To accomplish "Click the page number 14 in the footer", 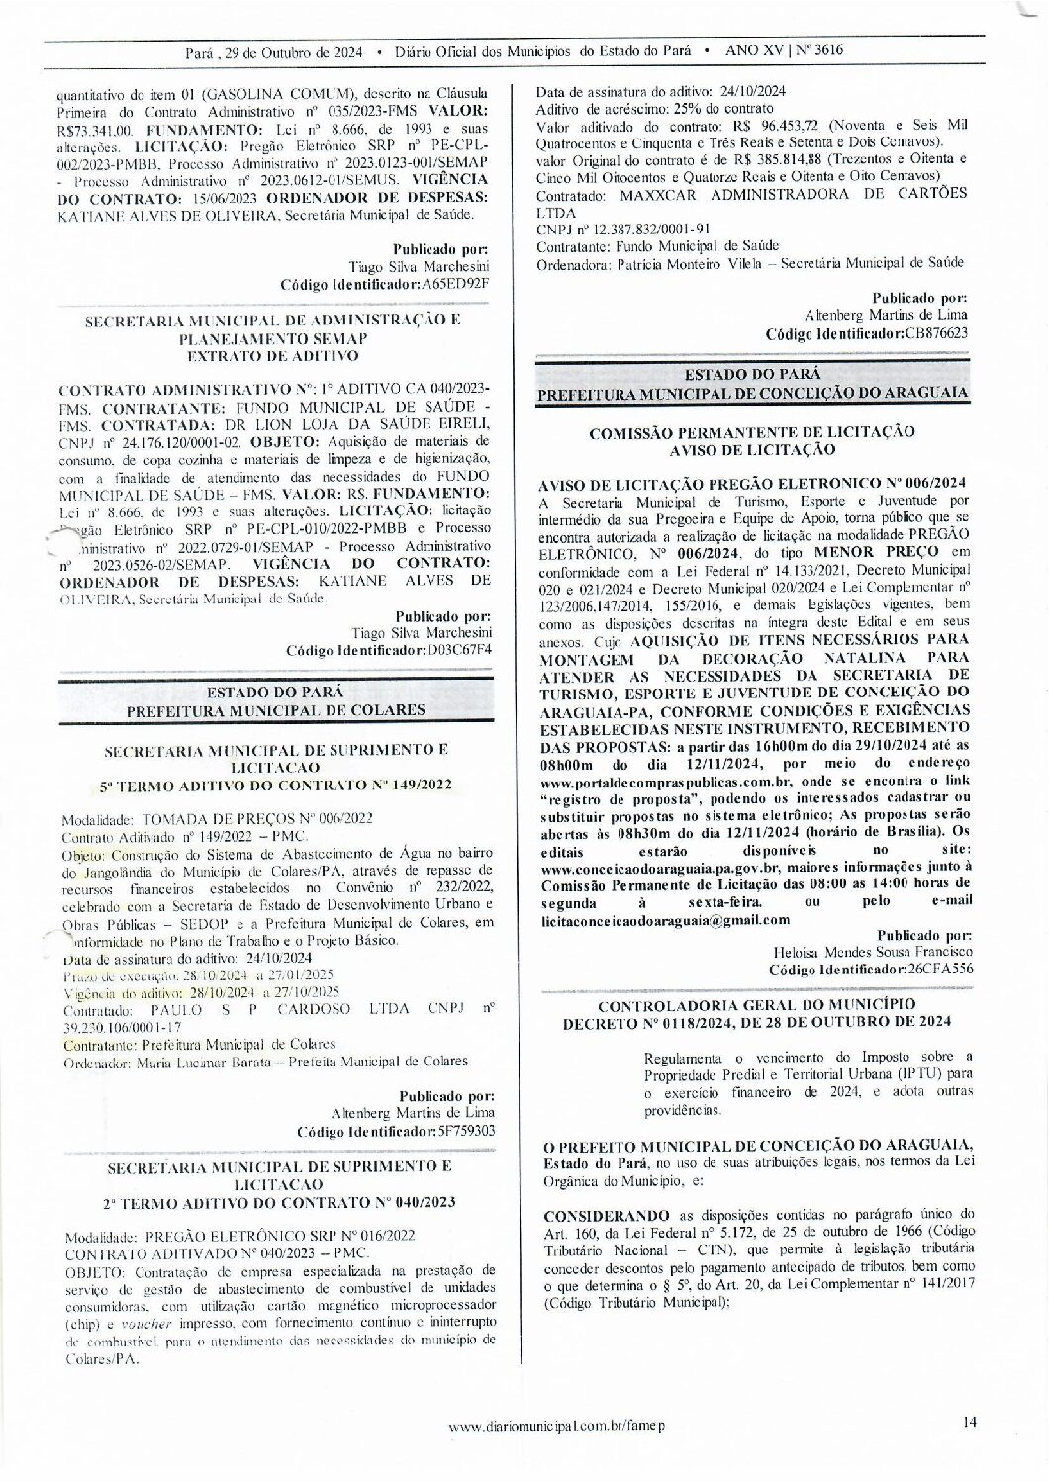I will (969, 1423).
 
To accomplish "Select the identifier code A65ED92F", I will (455, 284).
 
